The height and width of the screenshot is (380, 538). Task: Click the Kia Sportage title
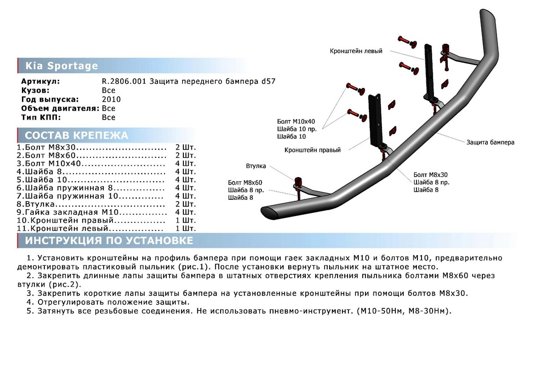61,66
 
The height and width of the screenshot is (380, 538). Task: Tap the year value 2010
111,99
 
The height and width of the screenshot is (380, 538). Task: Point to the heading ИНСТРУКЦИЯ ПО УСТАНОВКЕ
109,241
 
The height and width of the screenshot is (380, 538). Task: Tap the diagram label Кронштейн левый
356,52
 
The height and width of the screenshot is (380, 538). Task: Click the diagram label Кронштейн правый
312,150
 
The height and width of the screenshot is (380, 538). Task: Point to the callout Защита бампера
490,142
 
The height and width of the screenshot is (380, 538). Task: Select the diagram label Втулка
256,166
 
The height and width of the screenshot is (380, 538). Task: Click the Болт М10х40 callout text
296,121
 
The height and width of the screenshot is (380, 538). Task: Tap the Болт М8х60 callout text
245,182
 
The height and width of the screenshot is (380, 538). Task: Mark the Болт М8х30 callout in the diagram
430,175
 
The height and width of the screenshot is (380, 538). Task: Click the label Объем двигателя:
60,108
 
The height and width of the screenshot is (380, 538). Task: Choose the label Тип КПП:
41,117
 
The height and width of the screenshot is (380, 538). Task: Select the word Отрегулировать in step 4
68,302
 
